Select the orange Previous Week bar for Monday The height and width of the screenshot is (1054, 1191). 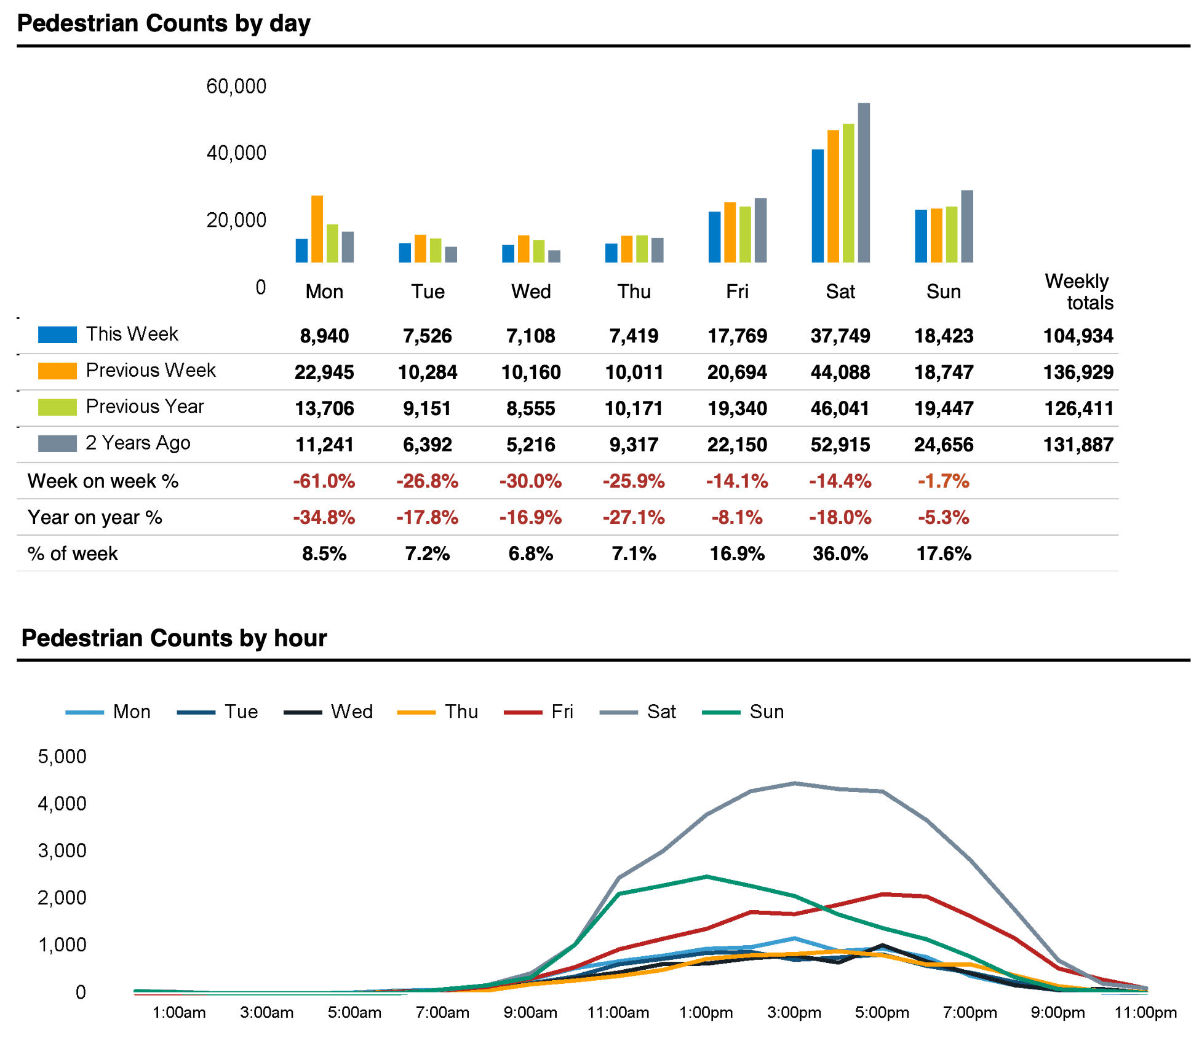coord(317,229)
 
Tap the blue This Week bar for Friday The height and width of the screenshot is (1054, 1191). coord(714,237)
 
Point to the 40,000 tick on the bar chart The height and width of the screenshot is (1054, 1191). coord(236,153)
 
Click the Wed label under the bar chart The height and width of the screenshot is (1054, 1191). coord(531,291)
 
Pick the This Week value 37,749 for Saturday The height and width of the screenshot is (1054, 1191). coord(840,336)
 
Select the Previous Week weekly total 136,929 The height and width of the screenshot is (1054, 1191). coord(1078,372)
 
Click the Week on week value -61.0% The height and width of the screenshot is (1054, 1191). coord(324,481)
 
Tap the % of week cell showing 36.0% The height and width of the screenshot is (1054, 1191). coord(840,553)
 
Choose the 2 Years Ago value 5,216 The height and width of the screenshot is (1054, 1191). coord(531,445)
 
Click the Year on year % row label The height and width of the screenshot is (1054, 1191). coord(95,517)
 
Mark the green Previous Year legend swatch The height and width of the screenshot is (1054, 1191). coord(57,407)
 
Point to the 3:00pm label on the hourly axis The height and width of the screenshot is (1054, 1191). coord(794,1012)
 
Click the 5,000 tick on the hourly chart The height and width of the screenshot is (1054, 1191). coord(62,756)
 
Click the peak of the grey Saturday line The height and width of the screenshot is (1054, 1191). coord(795,783)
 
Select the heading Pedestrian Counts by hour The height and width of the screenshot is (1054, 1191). coord(174,638)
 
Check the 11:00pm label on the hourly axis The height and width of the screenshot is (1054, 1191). coord(1145,1012)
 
